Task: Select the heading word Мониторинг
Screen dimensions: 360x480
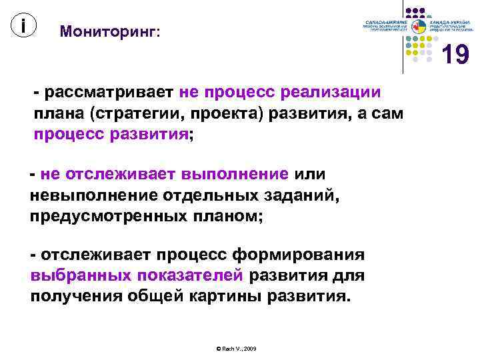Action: coord(109,31)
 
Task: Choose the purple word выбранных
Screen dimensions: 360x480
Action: coord(81,276)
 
